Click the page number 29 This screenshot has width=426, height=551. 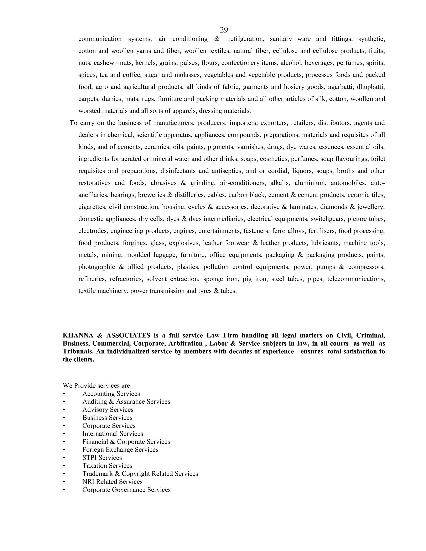click(224, 30)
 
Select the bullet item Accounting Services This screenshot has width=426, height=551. click(111, 394)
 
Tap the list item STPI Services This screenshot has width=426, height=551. click(102, 457)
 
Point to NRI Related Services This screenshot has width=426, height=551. click(112, 482)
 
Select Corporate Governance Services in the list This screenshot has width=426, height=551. click(126, 489)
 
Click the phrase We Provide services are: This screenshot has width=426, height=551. click(97, 385)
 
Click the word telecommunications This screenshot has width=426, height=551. click(356, 279)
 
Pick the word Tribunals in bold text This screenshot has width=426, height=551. click(78, 351)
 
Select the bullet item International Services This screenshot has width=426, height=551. click(113, 434)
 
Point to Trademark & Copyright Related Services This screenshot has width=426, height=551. click(140, 473)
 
